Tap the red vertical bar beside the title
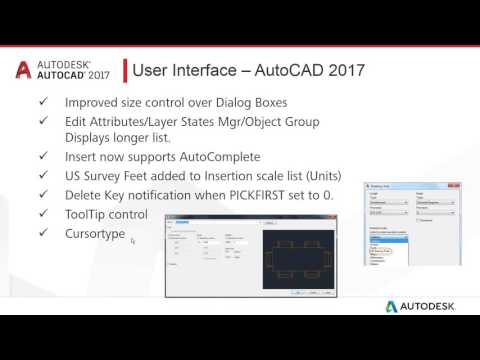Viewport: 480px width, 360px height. [x=124, y=71]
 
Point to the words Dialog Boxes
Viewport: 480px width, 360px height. [x=254, y=103]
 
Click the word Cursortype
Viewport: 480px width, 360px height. [x=96, y=232]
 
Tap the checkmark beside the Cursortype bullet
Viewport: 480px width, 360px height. [x=41, y=232]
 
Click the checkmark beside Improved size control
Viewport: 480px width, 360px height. [x=41, y=103]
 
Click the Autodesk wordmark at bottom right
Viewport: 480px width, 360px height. [x=425, y=305]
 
